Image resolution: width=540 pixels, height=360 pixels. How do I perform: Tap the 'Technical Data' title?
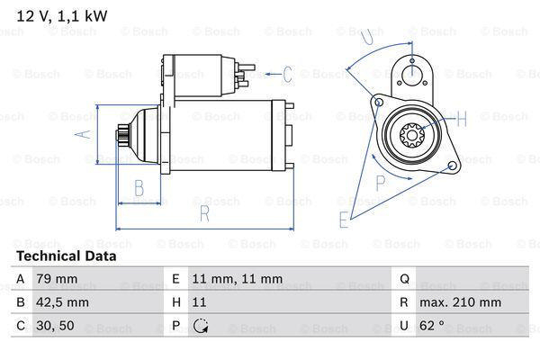[x=67, y=256]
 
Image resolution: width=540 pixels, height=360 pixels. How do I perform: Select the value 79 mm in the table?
[x=55, y=280]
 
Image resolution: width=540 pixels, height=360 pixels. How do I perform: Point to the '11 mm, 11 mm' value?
[x=238, y=280]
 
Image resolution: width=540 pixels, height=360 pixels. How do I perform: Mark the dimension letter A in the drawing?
[x=79, y=134]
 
